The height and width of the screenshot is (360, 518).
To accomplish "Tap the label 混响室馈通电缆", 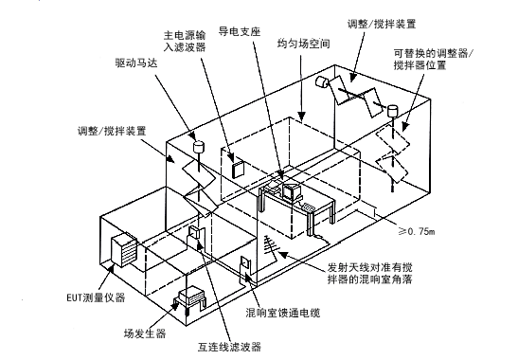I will coord(281,313).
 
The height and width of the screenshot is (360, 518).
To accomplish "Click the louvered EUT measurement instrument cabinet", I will coord(125,250).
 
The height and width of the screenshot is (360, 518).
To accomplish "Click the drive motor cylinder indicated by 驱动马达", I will coord(200,147).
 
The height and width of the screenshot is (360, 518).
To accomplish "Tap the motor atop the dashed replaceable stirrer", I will coord(390,113).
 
